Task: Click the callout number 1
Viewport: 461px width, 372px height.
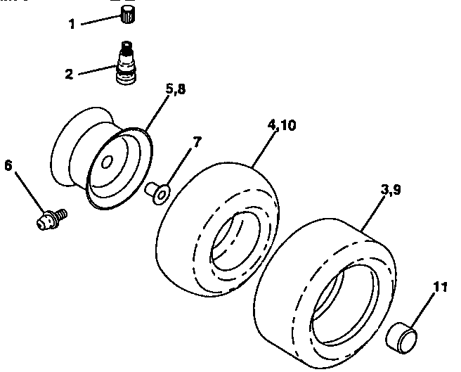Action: click(x=72, y=25)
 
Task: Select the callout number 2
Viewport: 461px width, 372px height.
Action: click(x=69, y=73)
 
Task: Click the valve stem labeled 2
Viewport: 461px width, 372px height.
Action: click(x=126, y=65)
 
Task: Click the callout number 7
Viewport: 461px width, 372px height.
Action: click(x=196, y=141)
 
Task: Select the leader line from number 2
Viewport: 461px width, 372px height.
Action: click(x=95, y=70)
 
